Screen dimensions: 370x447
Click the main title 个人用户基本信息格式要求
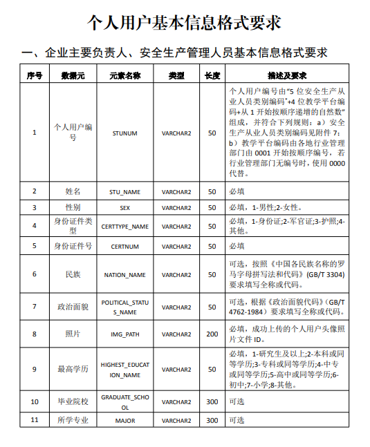(x=184, y=22)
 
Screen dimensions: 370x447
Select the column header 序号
(x=35, y=75)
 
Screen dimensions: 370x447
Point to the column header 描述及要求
(x=286, y=75)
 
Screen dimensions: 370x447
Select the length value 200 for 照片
(x=212, y=334)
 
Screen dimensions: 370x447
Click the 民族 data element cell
(x=73, y=274)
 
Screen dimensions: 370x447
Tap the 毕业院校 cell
(x=73, y=401)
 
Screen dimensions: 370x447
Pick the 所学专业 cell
(x=73, y=419)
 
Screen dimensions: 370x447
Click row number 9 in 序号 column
(x=35, y=369)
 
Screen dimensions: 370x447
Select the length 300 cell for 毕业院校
(x=212, y=401)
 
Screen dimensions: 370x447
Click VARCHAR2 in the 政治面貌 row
(x=176, y=306)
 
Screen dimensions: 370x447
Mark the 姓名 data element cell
(x=73, y=191)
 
